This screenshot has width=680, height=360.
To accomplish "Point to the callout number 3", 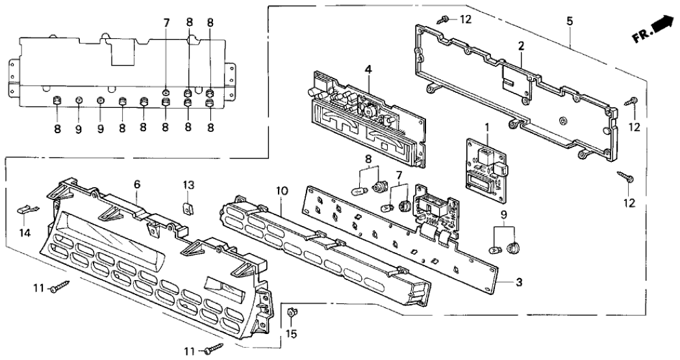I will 518,282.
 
